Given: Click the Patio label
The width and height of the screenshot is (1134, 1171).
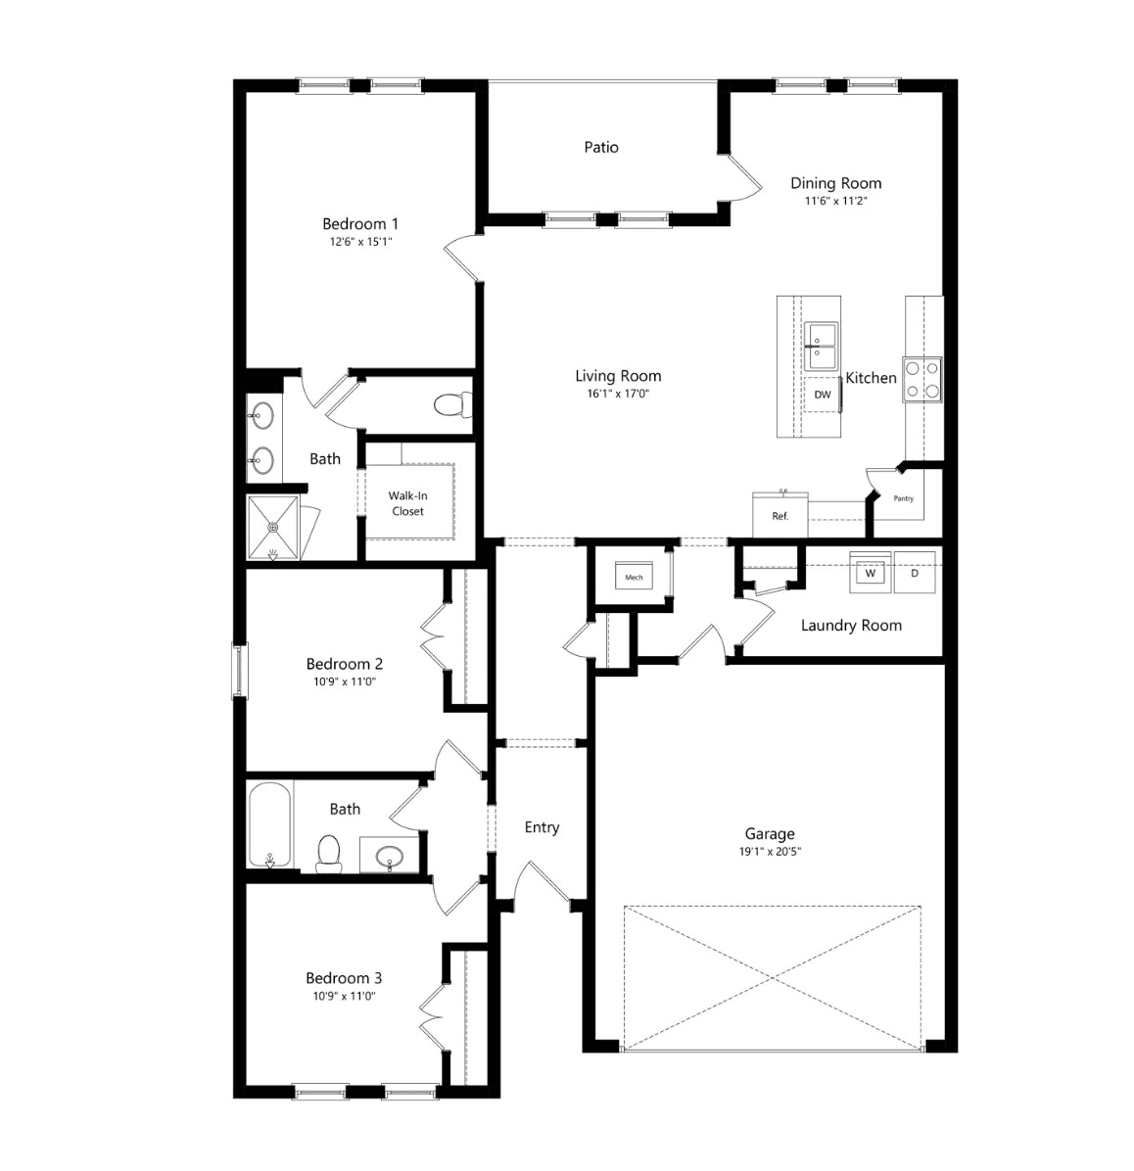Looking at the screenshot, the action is (x=601, y=147).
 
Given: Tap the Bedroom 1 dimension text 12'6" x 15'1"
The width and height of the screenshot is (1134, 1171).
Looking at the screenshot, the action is (x=360, y=241).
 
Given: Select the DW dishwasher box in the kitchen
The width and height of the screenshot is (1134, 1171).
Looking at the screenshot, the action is (x=823, y=395).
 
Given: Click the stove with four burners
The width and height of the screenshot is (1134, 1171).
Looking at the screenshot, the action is (x=922, y=379).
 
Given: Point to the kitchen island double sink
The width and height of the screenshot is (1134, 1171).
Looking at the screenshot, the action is (x=821, y=347).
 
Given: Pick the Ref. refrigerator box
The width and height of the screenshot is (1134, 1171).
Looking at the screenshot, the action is (x=780, y=515).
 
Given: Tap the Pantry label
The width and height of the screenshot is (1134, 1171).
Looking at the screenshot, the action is (x=903, y=498).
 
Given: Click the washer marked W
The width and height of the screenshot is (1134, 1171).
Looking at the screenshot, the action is (x=871, y=573).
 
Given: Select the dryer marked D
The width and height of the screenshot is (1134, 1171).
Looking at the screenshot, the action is (x=915, y=573).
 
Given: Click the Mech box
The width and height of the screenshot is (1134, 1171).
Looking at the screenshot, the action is (x=634, y=577).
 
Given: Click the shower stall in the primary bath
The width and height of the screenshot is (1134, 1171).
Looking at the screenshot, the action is (x=273, y=528).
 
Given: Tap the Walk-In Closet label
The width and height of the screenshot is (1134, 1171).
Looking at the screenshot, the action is (x=408, y=503).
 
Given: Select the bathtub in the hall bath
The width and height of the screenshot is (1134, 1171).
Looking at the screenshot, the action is (x=269, y=824).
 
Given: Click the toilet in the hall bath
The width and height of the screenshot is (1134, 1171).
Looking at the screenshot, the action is (x=329, y=853).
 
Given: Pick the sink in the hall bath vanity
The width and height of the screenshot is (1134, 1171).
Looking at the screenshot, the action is (x=389, y=855).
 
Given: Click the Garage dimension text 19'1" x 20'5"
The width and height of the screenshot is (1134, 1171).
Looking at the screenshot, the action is (x=770, y=851).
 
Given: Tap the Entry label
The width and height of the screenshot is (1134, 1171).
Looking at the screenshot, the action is (x=542, y=827).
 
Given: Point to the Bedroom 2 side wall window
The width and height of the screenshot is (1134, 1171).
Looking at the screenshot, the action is (x=240, y=671).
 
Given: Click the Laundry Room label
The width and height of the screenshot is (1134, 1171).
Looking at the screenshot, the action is (x=851, y=625).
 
